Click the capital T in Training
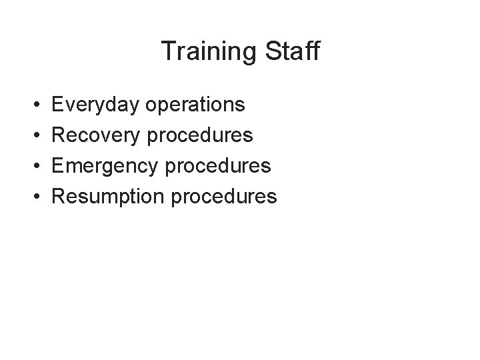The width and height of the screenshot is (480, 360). pos(168,51)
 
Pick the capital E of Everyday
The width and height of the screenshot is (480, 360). pos(58,105)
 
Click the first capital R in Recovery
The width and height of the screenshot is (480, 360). pos(59,135)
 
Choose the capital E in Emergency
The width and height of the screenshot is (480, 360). pos(58,165)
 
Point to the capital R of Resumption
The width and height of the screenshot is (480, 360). pos(59,196)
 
